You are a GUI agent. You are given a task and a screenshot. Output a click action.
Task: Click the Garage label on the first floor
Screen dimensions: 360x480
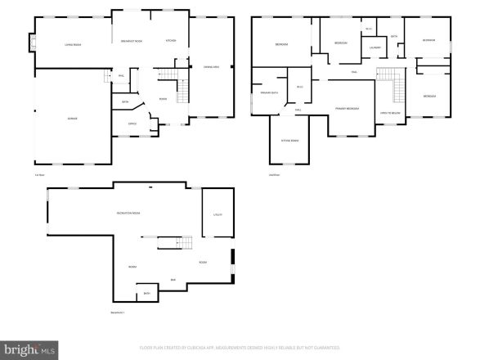click(72, 119)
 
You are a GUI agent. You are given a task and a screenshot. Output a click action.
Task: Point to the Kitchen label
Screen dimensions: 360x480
click(172, 41)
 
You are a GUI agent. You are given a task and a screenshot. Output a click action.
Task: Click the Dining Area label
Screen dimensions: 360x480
click(209, 67)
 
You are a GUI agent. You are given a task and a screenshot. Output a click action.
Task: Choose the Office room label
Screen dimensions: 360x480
click(132, 124)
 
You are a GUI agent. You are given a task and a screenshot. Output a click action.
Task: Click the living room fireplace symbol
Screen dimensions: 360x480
click(33, 42)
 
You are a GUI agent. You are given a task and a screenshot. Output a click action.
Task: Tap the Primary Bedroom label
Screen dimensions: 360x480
click(347, 108)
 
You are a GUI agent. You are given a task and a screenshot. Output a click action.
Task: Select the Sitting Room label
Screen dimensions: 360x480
click(289, 141)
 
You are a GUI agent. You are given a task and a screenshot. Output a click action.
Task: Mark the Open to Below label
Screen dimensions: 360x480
click(388, 112)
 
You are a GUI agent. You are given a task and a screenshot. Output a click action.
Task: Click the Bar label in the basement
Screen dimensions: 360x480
click(173, 280)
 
